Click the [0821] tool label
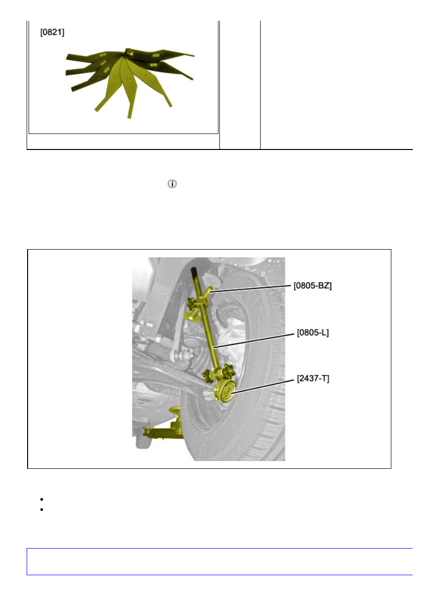click(52, 32)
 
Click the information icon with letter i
click(172, 184)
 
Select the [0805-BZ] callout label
click(312, 285)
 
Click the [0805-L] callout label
click(313, 332)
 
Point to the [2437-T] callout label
click(313, 378)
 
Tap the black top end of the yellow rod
click(194, 271)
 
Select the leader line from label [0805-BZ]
click(250, 289)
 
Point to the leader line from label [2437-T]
click(263, 386)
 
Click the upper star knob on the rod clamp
click(191, 303)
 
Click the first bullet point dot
click(42, 499)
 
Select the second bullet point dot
click(42, 509)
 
